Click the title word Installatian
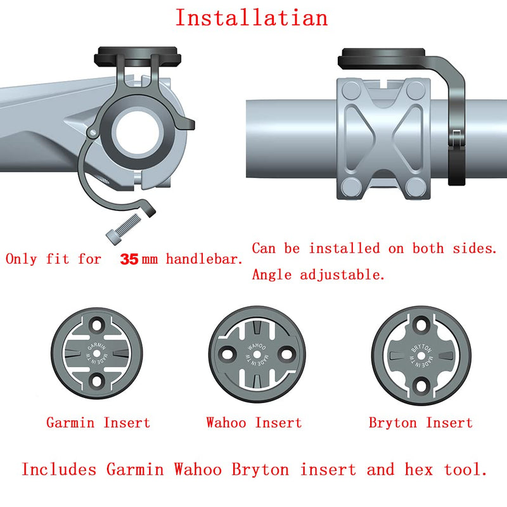click(x=252, y=18)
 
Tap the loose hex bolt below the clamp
click(x=124, y=228)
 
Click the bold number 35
click(x=129, y=259)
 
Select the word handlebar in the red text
click(x=204, y=259)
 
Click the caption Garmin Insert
click(x=98, y=423)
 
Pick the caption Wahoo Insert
click(x=254, y=423)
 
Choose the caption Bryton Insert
click(x=421, y=423)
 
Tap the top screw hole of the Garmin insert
click(x=97, y=324)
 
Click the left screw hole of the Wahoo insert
click(x=228, y=354)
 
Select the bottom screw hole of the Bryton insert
click(x=421, y=385)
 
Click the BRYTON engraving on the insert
click(x=421, y=348)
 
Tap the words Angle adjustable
click(x=319, y=275)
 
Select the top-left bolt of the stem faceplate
click(x=352, y=90)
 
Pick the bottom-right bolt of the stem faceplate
click(x=416, y=187)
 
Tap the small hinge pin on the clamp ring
click(x=93, y=132)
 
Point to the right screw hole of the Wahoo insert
click(x=287, y=354)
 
